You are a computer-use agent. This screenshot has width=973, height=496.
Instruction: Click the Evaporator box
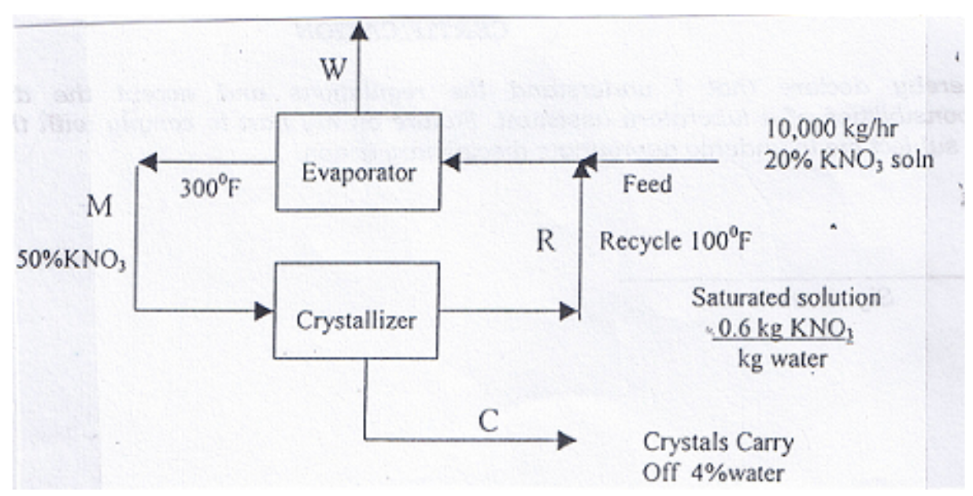click(357, 172)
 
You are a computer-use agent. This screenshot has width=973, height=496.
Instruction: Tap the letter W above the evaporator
click(332, 72)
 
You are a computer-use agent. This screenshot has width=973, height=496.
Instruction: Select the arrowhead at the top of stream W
click(359, 31)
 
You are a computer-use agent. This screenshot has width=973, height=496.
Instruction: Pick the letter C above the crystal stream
click(488, 421)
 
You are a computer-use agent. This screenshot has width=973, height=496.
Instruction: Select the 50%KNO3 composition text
click(71, 261)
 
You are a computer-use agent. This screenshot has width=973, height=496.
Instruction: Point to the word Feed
click(647, 185)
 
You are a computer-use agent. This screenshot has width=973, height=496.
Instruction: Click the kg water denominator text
click(782, 359)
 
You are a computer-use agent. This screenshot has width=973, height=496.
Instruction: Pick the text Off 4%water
click(713, 474)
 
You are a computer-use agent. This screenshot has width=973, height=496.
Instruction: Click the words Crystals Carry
click(718, 442)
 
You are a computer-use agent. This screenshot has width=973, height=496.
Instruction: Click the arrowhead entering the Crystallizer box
click(264, 311)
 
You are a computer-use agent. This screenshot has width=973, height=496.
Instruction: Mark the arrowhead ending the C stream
click(566, 439)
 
